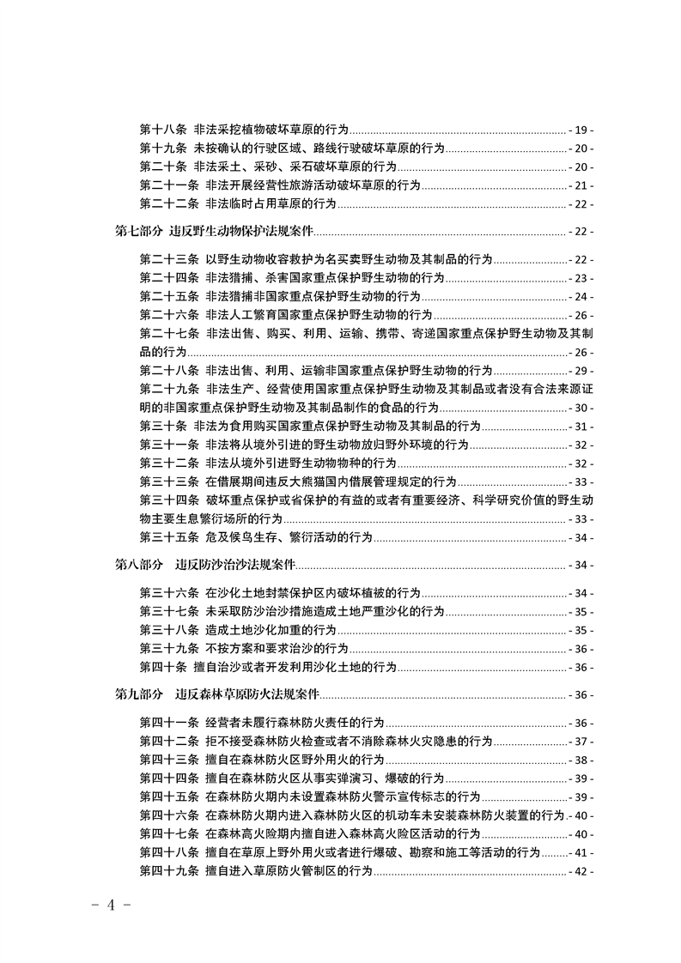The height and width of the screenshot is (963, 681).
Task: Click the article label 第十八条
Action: click(163, 130)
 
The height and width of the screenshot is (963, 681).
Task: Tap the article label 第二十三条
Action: click(169, 259)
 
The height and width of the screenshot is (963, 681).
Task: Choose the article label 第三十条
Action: click(163, 427)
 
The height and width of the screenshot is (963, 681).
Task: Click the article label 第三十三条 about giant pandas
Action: click(169, 482)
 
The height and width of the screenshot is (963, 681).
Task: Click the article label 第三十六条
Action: click(169, 593)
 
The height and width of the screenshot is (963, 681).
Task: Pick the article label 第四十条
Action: click(163, 667)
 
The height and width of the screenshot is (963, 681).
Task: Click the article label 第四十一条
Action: click(169, 723)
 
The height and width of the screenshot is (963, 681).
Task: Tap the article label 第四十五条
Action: click(169, 796)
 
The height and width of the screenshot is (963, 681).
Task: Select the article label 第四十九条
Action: click(169, 871)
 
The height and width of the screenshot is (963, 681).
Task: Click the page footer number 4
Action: click(110, 907)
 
